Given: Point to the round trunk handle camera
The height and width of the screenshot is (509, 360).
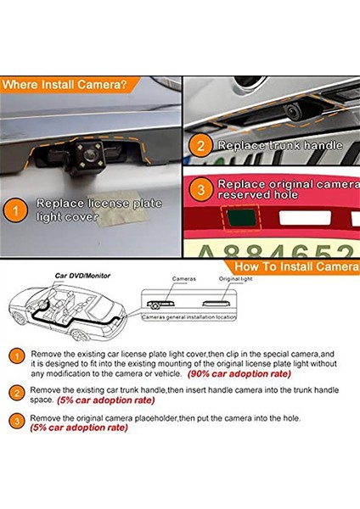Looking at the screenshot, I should point(295,111).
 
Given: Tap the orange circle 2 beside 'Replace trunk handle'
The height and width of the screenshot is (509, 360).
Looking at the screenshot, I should point(200,145).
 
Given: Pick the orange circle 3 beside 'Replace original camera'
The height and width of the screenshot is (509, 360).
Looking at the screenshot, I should point(200,187).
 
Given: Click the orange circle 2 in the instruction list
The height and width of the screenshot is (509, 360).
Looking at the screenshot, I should point(18,392).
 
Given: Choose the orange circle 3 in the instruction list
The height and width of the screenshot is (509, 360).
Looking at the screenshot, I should point(18,422).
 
